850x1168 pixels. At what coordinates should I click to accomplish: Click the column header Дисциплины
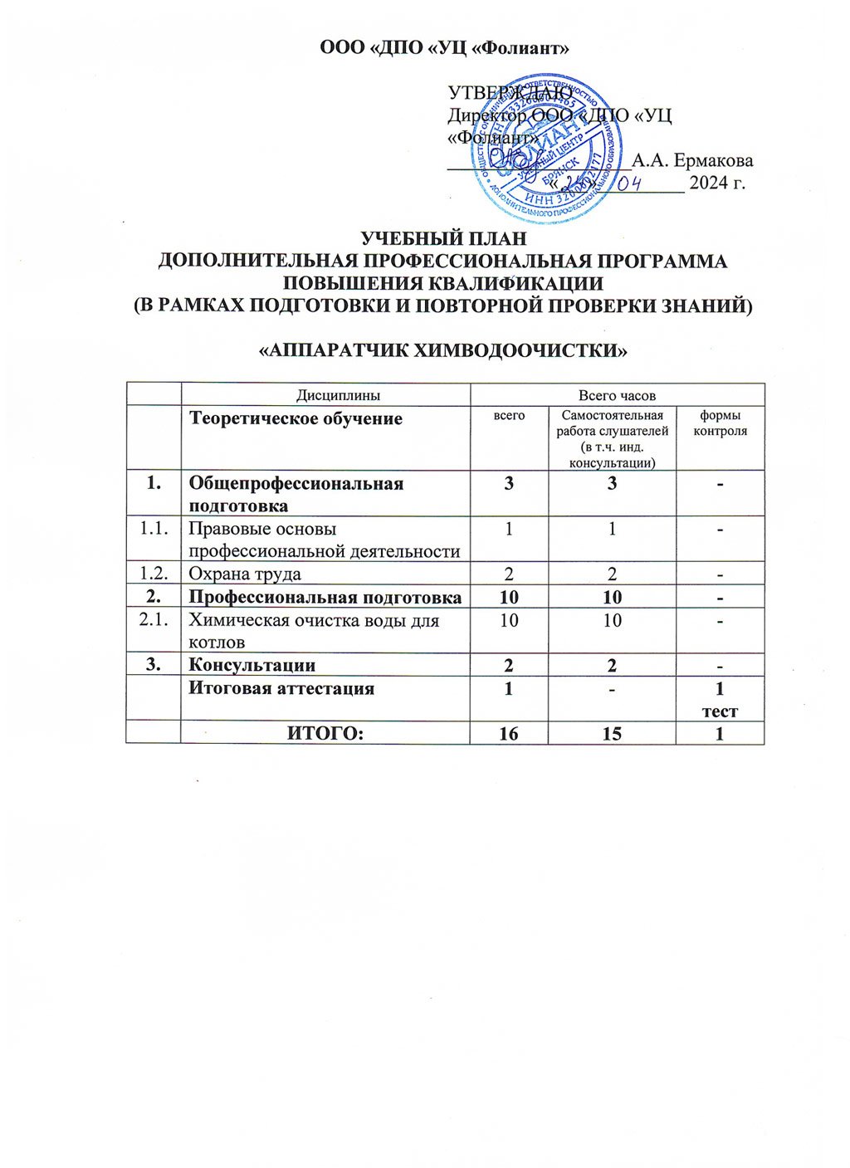(x=325, y=395)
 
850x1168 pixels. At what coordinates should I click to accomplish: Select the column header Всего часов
(x=617, y=395)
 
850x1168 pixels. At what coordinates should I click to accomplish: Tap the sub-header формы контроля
(x=720, y=423)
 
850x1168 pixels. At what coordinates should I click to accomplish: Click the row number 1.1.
(x=154, y=529)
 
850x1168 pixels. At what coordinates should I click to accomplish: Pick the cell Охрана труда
(x=245, y=574)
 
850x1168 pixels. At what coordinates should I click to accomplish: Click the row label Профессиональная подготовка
(x=325, y=597)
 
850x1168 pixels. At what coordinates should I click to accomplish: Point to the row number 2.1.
(x=154, y=620)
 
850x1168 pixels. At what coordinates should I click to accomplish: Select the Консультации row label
(x=252, y=664)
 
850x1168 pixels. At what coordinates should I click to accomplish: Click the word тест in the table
(x=720, y=711)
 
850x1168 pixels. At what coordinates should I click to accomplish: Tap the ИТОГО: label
(x=325, y=733)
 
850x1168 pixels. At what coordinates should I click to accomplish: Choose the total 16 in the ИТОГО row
(x=509, y=733)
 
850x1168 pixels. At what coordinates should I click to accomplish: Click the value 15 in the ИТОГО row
(x=612, y=733)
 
